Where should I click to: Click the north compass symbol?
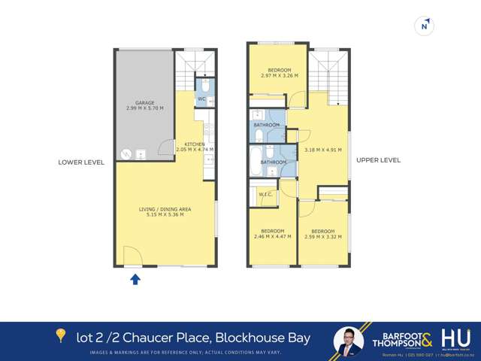[x=425, y=26]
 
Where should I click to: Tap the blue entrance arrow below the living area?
[x=135, y=280]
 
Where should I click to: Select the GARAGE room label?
[x=144, y=104]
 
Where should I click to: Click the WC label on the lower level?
[x=201, y=99]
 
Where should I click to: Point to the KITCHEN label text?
[x=195, y=144]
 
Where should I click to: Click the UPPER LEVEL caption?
[x=378, y=159]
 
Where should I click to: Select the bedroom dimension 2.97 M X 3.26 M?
[x=279, y=75]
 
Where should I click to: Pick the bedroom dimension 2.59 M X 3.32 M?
[x=322, y=237]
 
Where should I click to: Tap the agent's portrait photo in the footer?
[x=349, y=341]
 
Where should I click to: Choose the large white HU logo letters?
[x=455, y=338]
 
